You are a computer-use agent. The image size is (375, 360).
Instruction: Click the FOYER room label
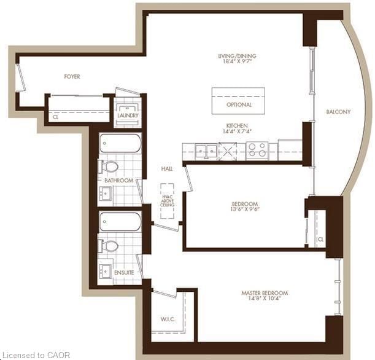[x=72, y=77]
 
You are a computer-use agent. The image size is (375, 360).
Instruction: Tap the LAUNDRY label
[x=128, y=115]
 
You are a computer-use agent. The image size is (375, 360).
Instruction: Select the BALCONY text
[x=338, y=112]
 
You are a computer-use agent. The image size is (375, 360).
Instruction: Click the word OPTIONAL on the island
[x=239, y=105]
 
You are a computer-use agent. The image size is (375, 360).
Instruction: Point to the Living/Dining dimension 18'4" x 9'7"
[x=236, y=62]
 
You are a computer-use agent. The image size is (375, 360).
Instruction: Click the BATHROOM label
[x=118, y=181]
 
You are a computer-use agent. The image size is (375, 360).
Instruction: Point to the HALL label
[x=167, y=168]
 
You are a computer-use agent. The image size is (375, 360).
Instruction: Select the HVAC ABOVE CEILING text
[x=167, y=200]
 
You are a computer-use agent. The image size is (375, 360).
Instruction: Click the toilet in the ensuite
[x=110, y=246]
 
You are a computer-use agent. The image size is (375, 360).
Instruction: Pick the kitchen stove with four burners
[x=257, y=151]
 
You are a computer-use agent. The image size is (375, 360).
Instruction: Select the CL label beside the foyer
[x=55, y=115]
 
